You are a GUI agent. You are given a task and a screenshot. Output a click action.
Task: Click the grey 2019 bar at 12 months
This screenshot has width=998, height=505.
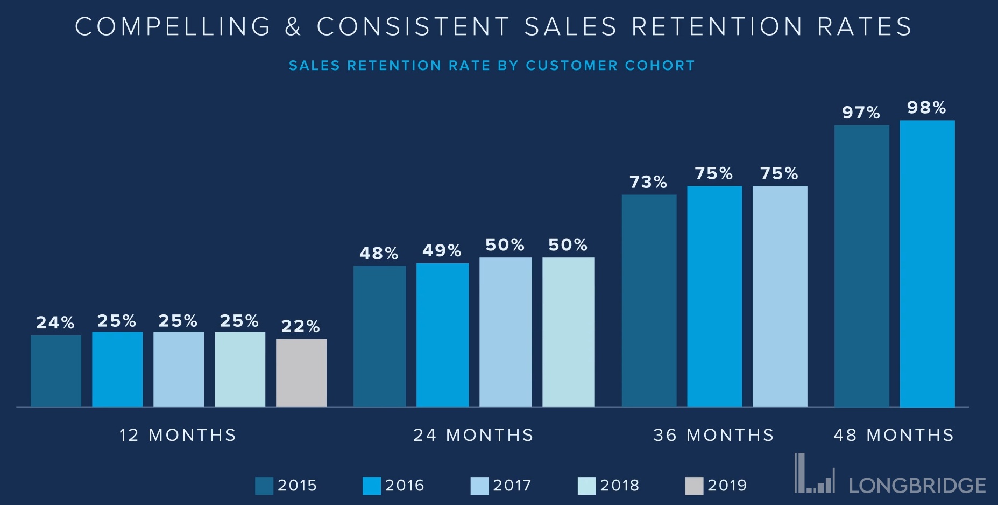point(301,373)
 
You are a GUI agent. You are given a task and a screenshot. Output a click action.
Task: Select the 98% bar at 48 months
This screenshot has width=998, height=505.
point(927,263)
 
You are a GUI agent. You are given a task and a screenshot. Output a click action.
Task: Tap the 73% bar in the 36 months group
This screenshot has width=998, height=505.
point(649,300)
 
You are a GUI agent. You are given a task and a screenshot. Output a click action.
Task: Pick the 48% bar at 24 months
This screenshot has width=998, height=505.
point(379,336)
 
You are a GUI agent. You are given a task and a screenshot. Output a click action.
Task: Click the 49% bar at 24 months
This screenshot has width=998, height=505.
point(442,335)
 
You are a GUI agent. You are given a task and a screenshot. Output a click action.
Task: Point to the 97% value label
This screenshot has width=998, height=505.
point(861,113)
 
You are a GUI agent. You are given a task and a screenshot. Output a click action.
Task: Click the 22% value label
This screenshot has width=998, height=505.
point(300,326)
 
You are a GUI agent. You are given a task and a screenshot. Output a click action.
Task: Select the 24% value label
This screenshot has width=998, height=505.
point(55,322)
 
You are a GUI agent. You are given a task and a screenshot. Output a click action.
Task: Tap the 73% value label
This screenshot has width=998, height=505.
point(648,182)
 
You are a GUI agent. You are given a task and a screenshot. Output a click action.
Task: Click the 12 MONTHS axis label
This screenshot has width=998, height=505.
point(178,435)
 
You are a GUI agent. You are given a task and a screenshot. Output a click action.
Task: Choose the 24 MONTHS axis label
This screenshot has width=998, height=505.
point(473,435)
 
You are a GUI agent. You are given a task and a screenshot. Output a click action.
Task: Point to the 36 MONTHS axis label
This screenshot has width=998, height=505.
point(713,435)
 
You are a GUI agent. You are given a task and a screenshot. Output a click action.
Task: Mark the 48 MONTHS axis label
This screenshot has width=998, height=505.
point(894,435)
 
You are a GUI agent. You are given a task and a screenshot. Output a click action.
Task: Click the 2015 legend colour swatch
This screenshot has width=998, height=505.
point(264,486)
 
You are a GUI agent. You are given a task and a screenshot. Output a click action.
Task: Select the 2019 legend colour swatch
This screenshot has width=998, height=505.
point(694,486)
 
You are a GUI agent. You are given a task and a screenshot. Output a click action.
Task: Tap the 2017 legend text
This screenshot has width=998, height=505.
point(512,486)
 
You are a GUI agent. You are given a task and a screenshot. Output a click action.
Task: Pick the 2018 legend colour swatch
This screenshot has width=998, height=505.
point(586,486)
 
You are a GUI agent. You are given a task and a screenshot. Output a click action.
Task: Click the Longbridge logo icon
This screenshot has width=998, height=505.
point(815,474)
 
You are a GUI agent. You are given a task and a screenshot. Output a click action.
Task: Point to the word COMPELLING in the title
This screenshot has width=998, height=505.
point(173,27)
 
